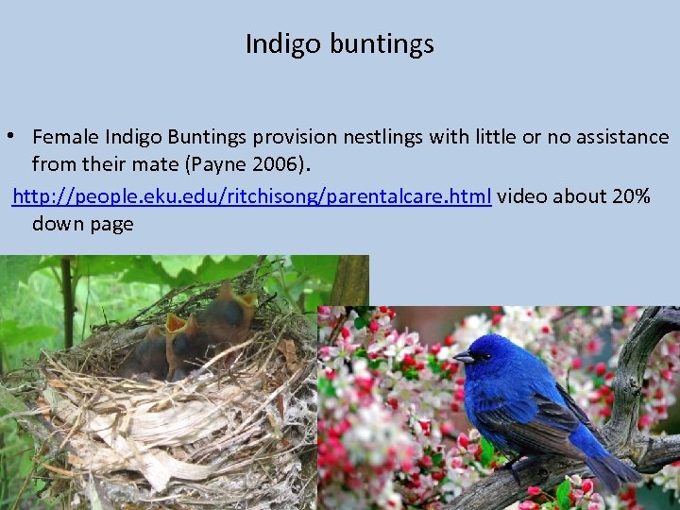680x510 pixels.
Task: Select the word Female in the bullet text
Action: click(67, 137)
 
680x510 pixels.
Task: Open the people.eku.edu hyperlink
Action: click(252, 195)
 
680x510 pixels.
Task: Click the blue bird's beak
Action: click(462, 358)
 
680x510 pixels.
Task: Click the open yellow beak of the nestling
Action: click(176, 324)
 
